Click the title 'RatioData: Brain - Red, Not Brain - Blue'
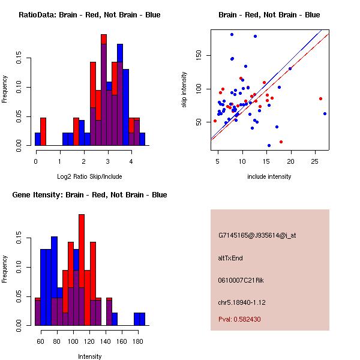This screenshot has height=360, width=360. [89, 15]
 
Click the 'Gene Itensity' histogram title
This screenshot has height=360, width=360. [89, 195]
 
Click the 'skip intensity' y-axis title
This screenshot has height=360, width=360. [185, 90]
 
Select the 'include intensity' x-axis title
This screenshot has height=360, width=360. [269, 176]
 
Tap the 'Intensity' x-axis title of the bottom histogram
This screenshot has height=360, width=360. [89, 356]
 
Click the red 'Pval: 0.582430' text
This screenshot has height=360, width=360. [239, 320]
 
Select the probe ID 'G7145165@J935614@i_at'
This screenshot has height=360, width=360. [257, 235]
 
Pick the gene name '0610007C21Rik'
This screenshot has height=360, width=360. [241, 280]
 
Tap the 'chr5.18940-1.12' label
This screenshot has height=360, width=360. [241, 302]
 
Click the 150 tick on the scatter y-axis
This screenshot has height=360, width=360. [197, 55]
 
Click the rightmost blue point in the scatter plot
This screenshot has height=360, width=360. [325, 113]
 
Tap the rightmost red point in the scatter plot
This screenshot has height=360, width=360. [320, 98]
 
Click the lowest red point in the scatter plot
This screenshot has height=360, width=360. [281, 142]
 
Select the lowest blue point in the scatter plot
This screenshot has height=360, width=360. [269, 145]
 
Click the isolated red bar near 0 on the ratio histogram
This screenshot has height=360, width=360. [43, 131]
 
